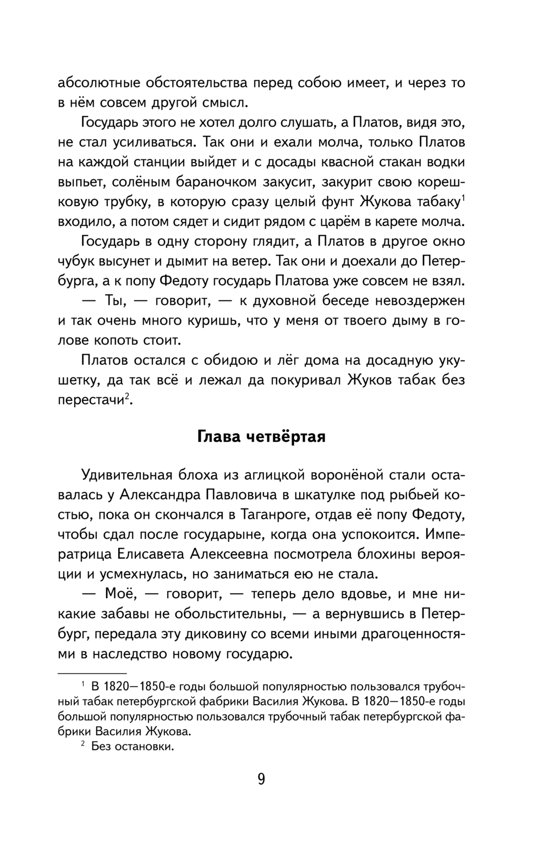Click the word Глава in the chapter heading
(218, 437)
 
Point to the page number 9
(261, 779)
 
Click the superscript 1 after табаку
(463, 199)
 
